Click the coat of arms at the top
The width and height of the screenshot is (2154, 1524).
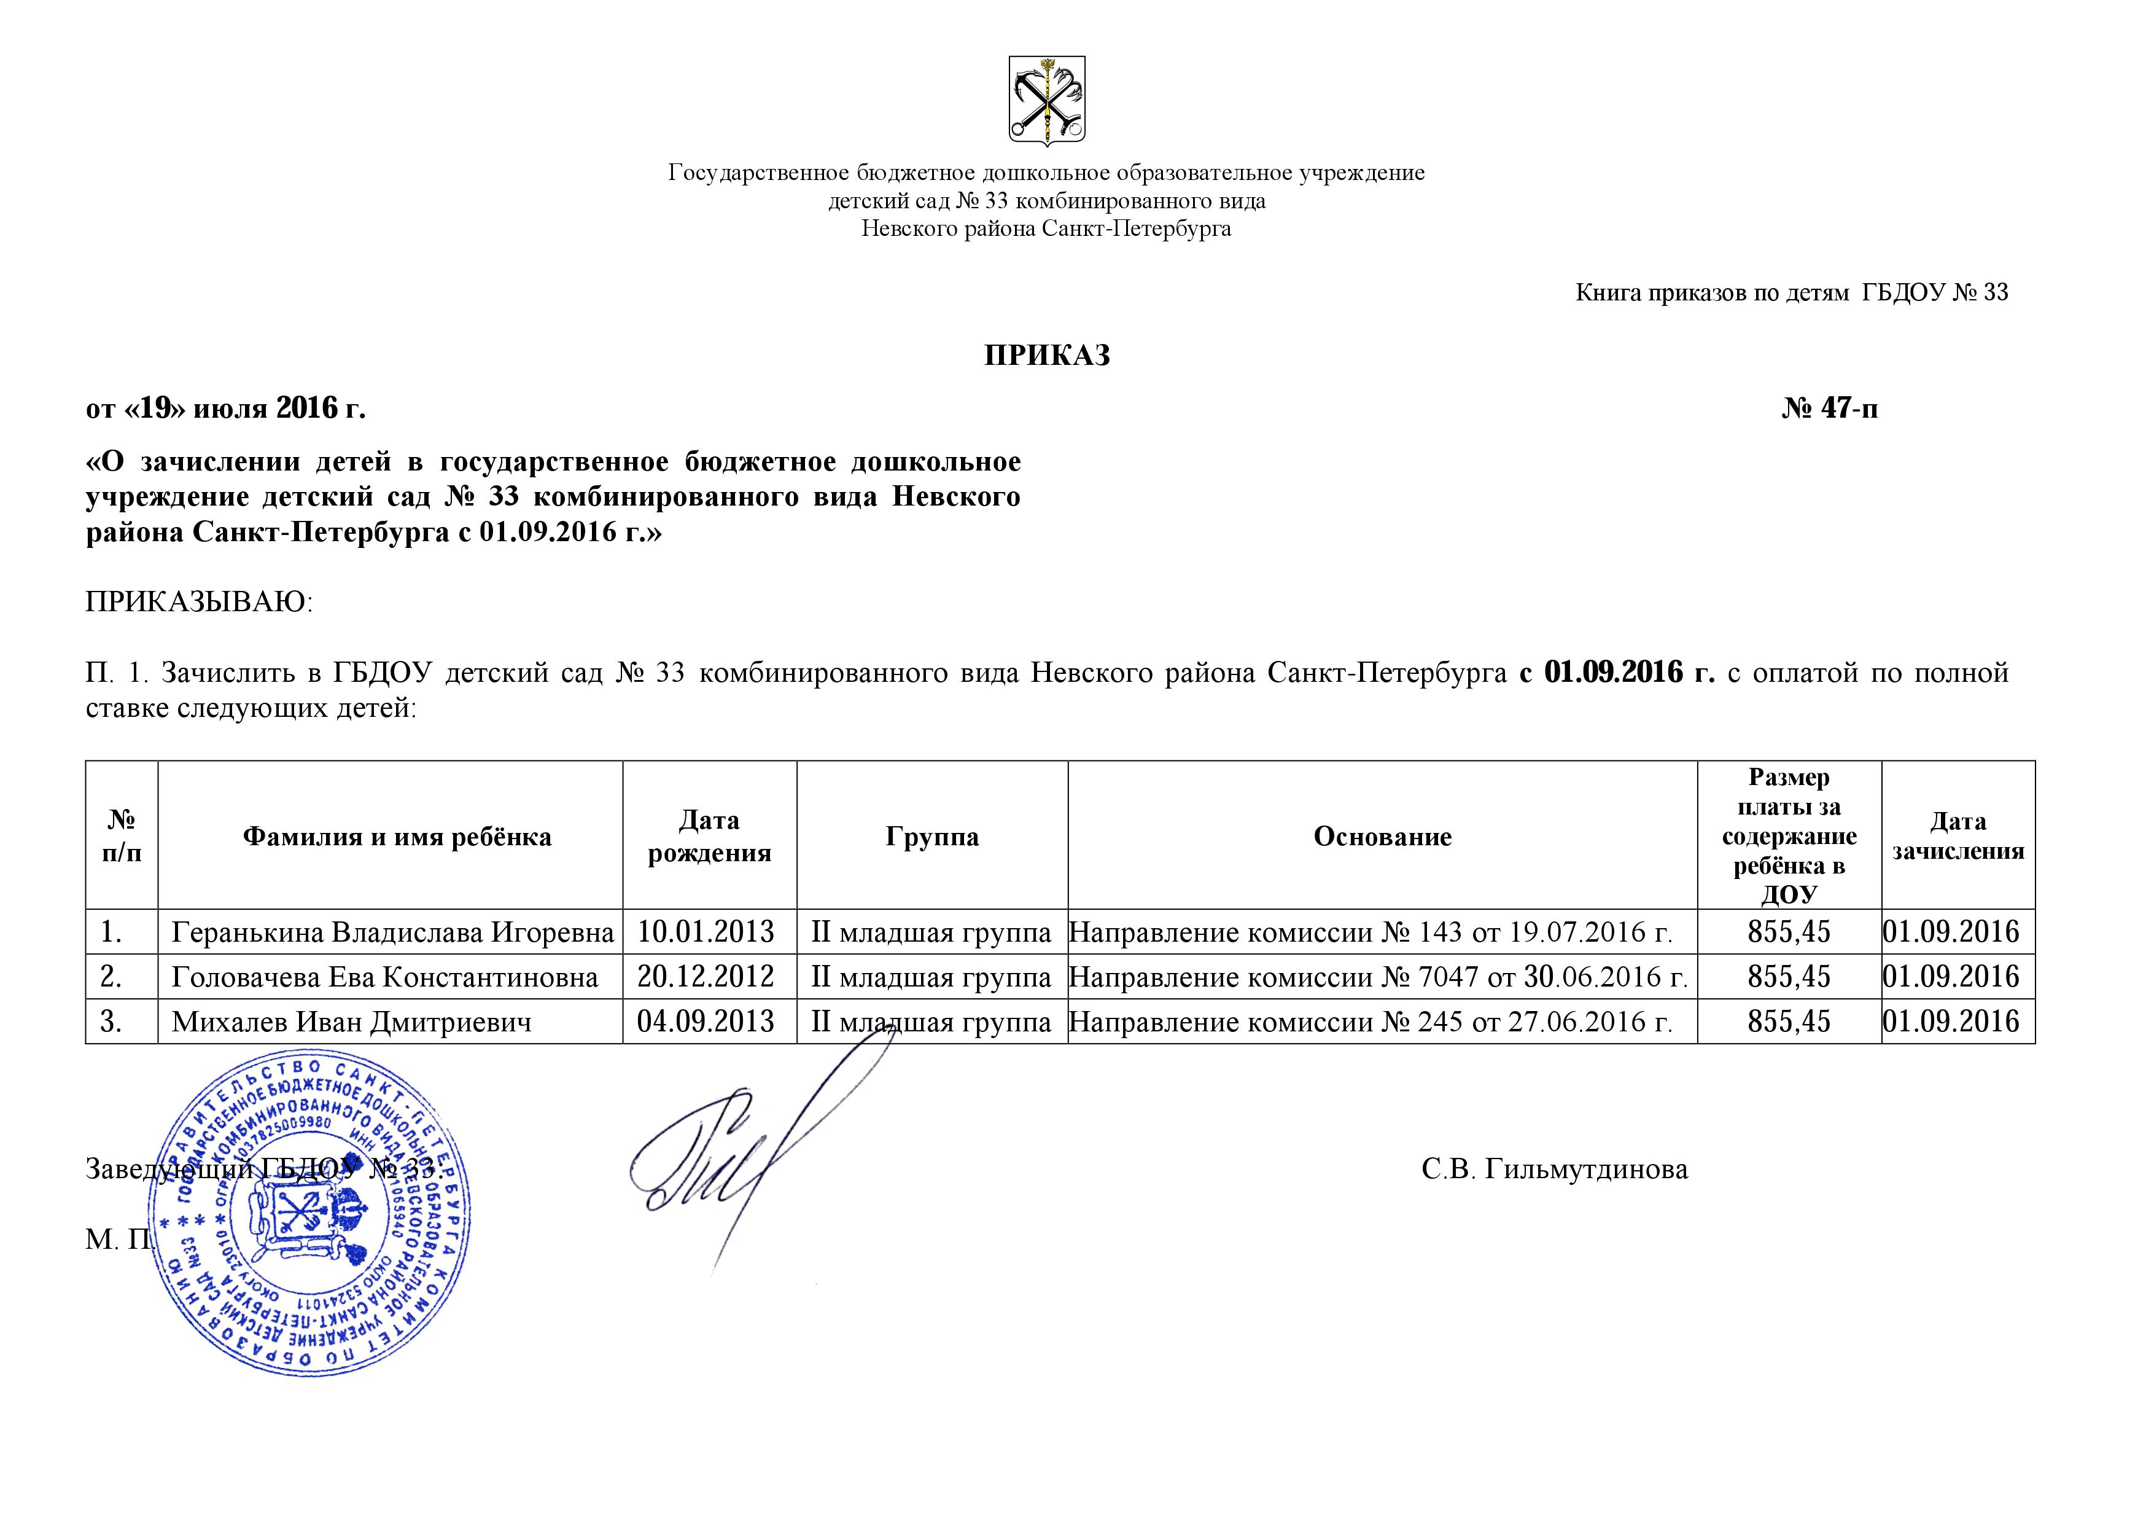[1046, 100]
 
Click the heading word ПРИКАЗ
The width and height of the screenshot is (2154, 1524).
[1047, 356]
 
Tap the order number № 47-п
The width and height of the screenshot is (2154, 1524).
[1829, 408]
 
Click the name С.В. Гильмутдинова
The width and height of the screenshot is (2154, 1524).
[1555, 1170]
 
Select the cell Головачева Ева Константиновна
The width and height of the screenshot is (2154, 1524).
[384, 977]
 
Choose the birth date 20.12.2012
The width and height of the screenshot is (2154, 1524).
[706, 977]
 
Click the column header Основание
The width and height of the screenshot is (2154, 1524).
[1382, 836]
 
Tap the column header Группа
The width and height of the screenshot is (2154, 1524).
[931, 836]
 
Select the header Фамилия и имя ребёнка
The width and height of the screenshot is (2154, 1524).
[397, 836]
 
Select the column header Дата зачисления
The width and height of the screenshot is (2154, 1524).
[1958, 836]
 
